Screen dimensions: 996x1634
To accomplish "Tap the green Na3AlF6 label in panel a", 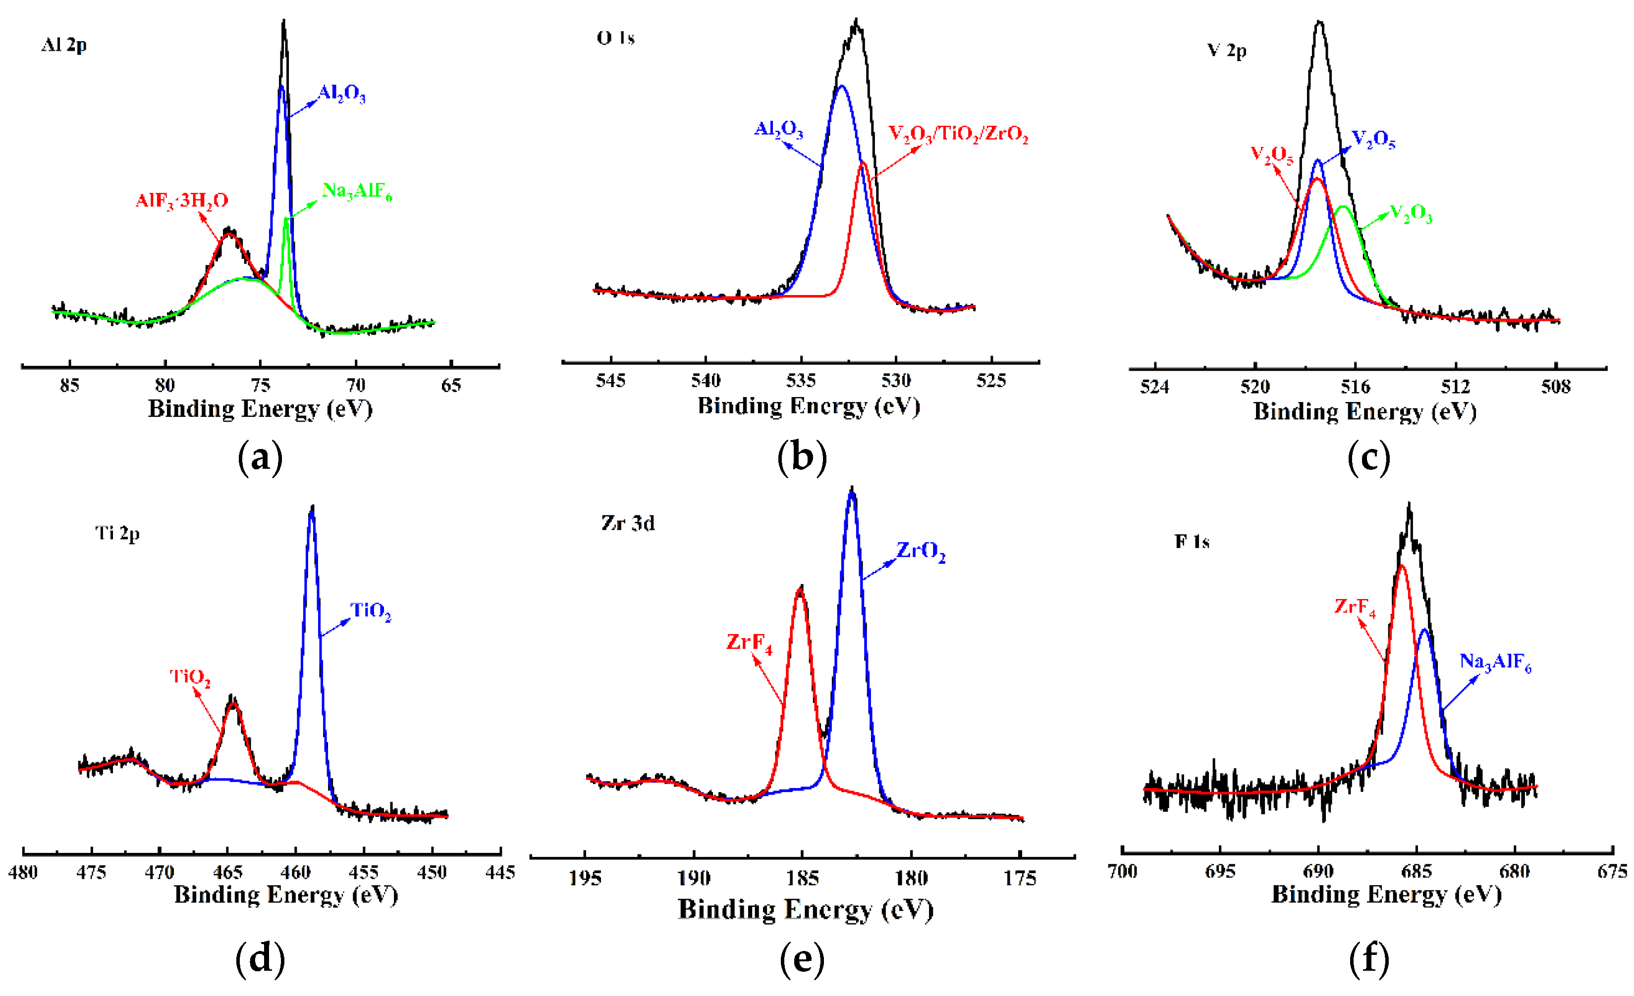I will pos(357,192).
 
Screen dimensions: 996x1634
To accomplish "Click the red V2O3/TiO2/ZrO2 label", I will pos(958,135).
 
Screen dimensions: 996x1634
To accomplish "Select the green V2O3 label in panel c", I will pos(1411,213).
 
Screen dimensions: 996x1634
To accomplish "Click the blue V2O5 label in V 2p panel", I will pos(1373,139).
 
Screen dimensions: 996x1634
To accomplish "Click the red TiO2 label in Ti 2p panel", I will pos(190,677).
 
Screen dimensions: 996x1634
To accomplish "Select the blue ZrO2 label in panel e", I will pos(921,551).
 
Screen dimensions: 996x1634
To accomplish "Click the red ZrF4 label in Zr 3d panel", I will pos(749,642).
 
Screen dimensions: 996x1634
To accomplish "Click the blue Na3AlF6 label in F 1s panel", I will pos(1495,661).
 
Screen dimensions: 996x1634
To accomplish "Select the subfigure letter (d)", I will pos(260,959).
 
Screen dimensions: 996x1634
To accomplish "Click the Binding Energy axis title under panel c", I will pos(1365,412).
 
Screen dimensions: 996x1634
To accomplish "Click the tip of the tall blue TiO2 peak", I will pos(312,507).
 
